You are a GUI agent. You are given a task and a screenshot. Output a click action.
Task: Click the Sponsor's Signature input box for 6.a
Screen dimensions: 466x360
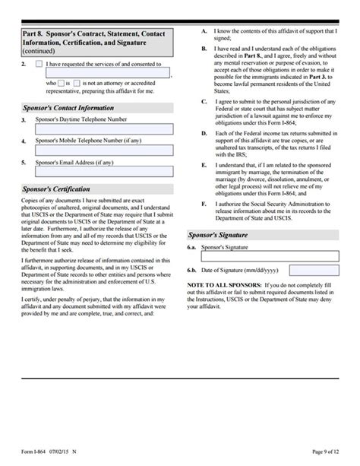[269, 256]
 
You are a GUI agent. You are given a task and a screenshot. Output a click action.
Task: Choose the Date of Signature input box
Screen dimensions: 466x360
[314, 271]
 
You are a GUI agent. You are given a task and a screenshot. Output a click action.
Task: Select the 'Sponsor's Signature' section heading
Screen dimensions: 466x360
[228, 236]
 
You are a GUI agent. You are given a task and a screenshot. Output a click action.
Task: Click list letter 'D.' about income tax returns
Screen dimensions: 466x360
[204, 134]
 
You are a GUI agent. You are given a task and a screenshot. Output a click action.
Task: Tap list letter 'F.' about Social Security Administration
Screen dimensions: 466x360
[204, 204]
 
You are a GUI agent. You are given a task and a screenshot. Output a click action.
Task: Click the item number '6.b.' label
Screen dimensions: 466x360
[194, 271]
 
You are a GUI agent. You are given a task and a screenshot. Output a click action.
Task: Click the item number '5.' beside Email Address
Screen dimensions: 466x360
[24, 162]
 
